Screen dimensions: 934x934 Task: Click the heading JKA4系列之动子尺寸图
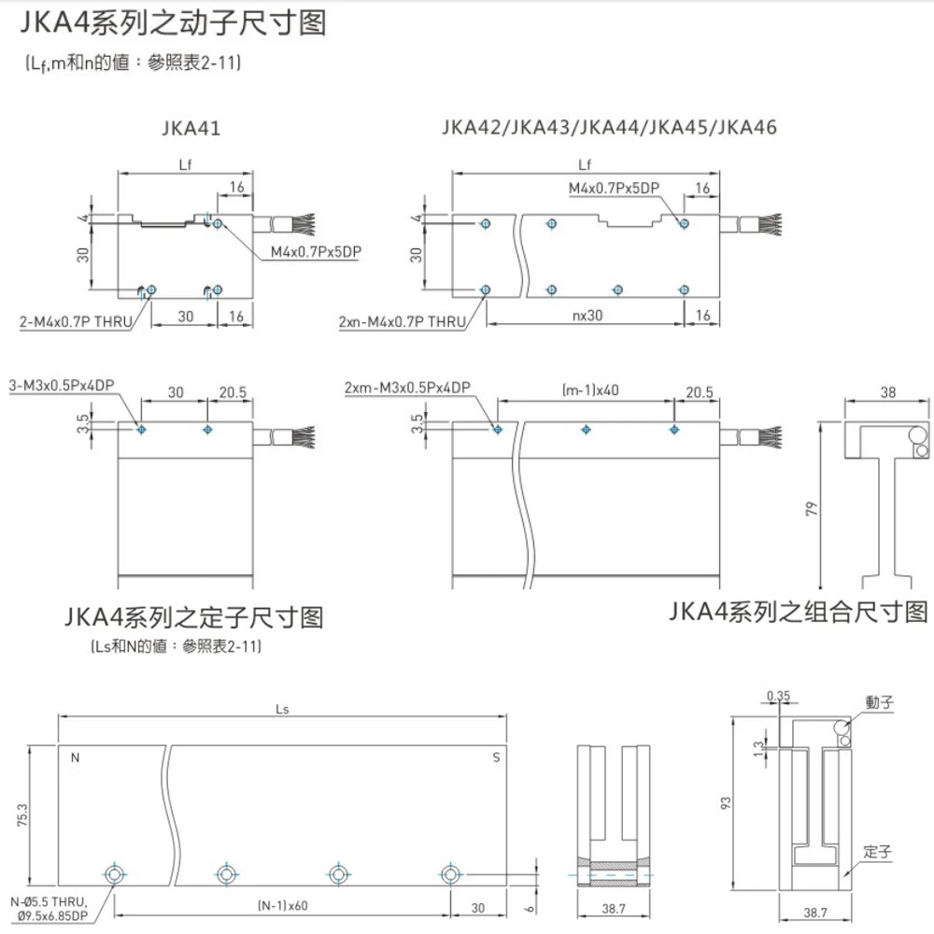click(x=172, y=22)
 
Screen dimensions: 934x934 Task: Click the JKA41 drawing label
click(x=190, y=128)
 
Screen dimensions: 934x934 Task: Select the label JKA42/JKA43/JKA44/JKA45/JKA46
click(x=609, y=128)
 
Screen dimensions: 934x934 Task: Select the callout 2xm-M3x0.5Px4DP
click(x=406, y=386)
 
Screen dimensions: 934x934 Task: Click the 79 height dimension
click(x=813, y=509)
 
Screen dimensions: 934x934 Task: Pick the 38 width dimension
click(x=887, y=393)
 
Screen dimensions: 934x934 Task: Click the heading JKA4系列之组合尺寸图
click(x=800, y=612)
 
